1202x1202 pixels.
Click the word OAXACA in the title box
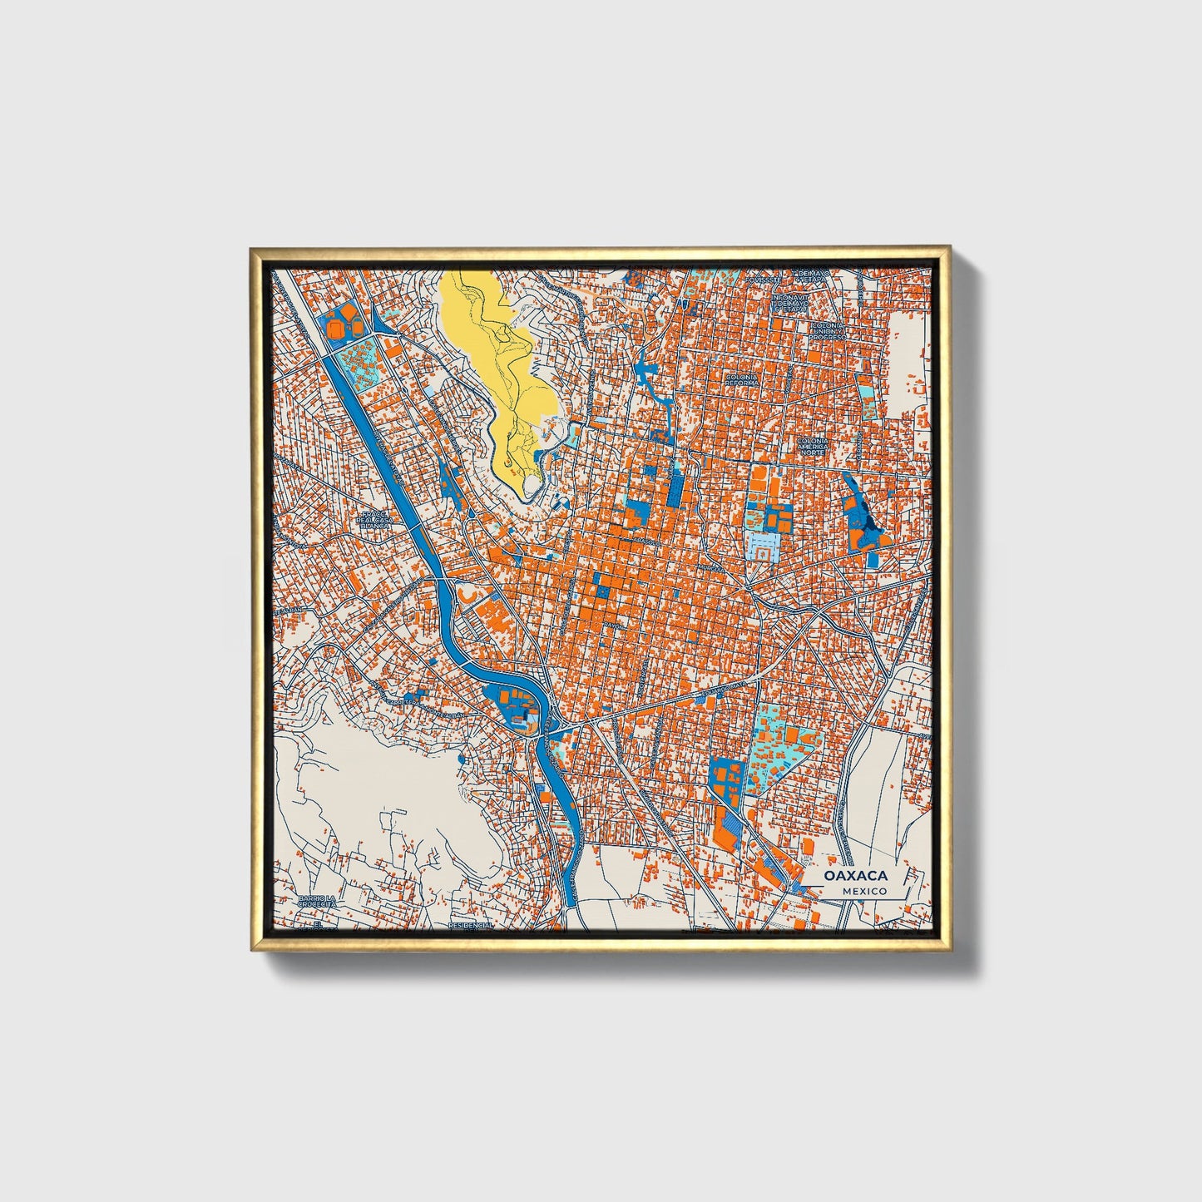tap(856, 876)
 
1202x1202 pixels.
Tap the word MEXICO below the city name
tap(863, 891)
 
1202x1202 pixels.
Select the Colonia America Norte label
tap(813, 445)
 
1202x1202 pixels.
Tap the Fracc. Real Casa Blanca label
tap(373, 521)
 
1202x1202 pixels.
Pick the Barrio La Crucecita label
tap(318, 902)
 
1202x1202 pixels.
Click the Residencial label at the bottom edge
tap(471, 924)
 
